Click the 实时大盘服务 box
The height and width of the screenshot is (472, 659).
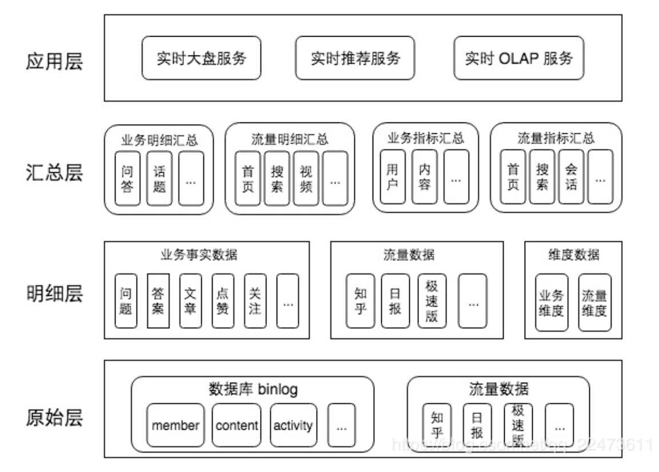click(x=201, y=58)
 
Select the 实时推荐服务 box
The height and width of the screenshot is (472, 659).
click(x=356, y=58)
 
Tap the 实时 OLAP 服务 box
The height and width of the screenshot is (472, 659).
click(x=518, y=58)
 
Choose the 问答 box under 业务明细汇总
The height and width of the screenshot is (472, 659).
click(x=127, y=178)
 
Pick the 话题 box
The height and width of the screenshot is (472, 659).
click(x=159, y=178)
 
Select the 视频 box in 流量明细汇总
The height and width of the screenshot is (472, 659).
click(x=306, y=178)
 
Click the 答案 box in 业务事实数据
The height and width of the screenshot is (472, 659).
click(x=158, y=300)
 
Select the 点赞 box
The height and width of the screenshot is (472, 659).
click(x=223, y=300)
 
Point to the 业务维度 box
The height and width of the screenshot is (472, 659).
click(x=552, y=303)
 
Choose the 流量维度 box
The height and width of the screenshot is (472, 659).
click(x=594, y=303)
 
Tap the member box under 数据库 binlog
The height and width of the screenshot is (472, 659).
click(x=175, y=425)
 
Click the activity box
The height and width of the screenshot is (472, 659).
click(x=293, y=425)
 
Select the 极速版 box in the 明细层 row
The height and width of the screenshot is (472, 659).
click(x=432, y=300)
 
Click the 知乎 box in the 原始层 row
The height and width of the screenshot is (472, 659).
click(x=437, y=425)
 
